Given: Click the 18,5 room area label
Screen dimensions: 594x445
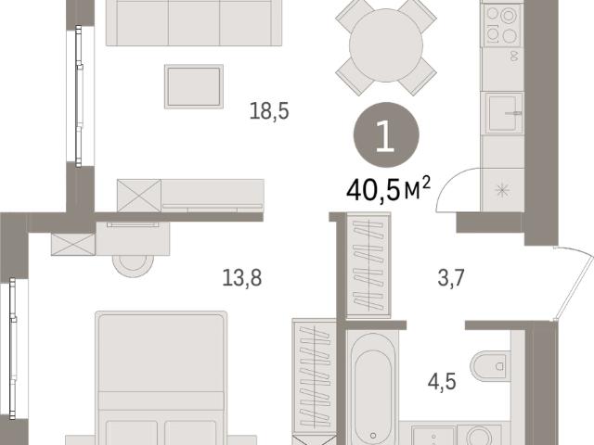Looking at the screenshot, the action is click(x=269, y=111).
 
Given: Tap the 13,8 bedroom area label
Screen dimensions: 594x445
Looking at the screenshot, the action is click(x=241, y=278).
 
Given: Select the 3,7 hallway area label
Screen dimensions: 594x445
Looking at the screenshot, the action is click(x=451, y=278).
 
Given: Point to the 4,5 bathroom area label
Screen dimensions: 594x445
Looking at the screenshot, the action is click(x=442, y=381).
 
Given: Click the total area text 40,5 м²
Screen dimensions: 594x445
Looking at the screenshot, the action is click(x=389, y=190).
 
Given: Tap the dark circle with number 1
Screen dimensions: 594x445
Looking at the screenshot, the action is click(x=386, y=134).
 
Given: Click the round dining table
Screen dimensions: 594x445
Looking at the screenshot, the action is click(x=386, y=45).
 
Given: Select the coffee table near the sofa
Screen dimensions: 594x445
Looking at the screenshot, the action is click(x=194, y=86).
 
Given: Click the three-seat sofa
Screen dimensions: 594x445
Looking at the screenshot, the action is click(x=194, y=22).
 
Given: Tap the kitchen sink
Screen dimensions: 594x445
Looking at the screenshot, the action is click(x=502, y=113).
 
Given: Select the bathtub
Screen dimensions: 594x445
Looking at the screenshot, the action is click(x=373, y=388).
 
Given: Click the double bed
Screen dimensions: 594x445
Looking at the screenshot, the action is click(x=161, y=378).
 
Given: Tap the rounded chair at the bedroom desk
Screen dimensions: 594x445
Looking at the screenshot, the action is click(x=134, y=266).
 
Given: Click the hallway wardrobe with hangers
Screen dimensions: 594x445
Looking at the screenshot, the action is click(x=368, y=265).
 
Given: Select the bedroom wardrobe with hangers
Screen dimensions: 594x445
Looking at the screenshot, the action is click(x=315, y=377).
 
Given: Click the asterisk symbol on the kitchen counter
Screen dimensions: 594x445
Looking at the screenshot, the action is click(x=502, y=190).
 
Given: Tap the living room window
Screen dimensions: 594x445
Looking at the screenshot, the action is click(x=79, y=96).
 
